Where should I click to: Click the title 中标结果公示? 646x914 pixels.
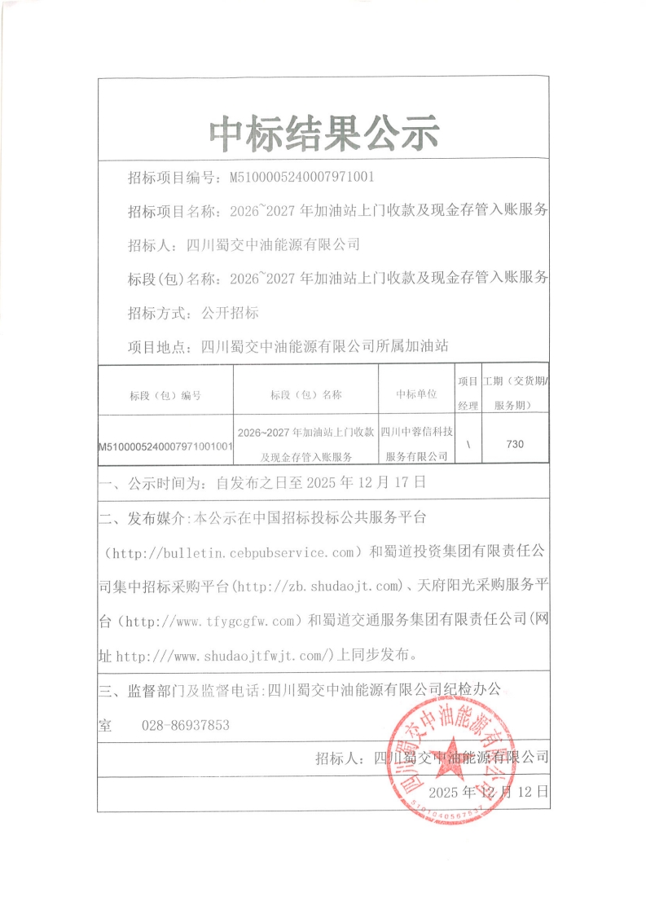tap(323, 133)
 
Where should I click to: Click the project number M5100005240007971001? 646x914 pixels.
tap(302, 176)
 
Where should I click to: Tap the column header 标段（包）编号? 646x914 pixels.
tap(165, 395)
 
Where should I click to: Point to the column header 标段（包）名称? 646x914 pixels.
tap(305, 395)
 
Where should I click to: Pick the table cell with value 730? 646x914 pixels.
tap(515, 444)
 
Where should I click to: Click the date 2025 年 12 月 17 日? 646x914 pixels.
tap(366, 482)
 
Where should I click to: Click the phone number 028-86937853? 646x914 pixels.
tap(186, 725)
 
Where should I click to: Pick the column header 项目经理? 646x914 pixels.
tap(468, 393)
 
